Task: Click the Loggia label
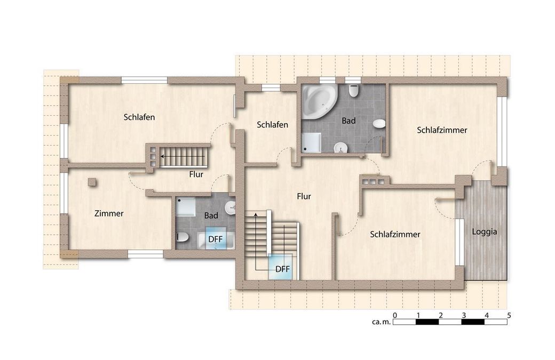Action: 484,232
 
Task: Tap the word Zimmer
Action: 109,213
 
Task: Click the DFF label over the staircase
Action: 282,269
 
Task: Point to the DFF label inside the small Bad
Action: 215,239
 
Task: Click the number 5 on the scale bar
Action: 509,315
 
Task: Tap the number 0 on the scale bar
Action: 395,315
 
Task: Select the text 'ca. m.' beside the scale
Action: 381,322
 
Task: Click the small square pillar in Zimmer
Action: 92,182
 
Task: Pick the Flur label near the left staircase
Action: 196,174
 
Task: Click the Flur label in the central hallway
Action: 304,196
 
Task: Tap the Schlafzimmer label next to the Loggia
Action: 395,235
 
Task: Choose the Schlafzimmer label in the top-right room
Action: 442,130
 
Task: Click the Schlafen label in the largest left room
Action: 139,117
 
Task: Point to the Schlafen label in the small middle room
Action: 272,125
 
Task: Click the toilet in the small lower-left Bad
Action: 182,237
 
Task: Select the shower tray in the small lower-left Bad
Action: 186,207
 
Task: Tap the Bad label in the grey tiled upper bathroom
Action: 348,121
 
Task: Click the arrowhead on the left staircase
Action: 162,156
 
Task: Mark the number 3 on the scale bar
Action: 464,315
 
